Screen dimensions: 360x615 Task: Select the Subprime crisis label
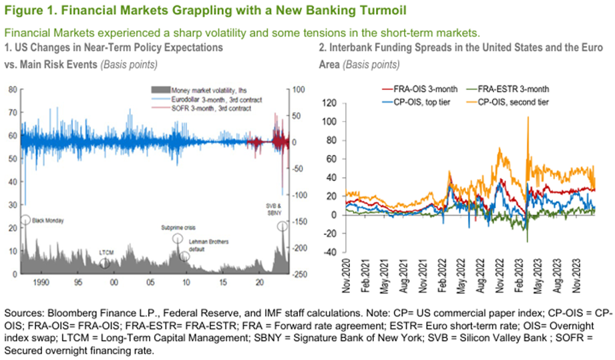pos(177,227)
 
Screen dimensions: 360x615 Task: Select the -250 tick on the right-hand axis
pos(299,274)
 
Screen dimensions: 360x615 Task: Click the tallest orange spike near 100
pos(528,118)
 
